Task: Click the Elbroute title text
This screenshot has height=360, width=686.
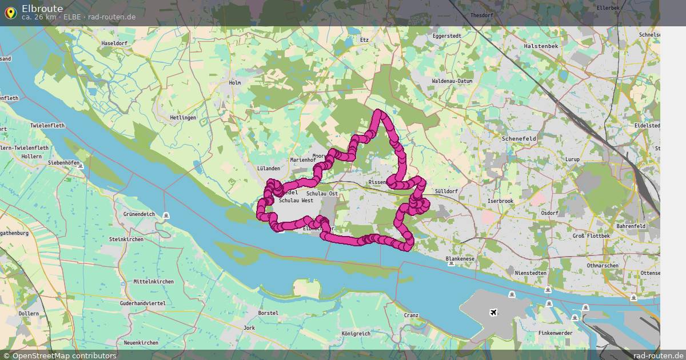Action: point(42,8)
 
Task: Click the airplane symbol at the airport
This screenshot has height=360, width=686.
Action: point(493,312)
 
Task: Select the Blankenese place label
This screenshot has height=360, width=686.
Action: point(460,259)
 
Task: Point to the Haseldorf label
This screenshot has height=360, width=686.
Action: point(114,43)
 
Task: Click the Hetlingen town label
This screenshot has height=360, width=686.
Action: point(183,118)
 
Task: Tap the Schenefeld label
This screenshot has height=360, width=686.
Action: point(517,138)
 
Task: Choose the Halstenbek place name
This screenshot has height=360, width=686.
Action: point(541,46)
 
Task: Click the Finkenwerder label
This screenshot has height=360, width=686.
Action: point(555,333)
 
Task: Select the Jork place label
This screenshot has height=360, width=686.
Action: point(249,328)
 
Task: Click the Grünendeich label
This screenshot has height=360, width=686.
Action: point(139,214)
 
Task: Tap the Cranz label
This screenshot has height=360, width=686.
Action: point(411,315)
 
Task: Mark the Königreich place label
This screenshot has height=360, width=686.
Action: point(356,333)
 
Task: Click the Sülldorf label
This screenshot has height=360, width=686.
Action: point(446,191)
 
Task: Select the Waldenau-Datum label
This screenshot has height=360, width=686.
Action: point(452,81)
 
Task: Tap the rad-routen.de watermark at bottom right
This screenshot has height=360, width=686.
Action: point(658,355)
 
